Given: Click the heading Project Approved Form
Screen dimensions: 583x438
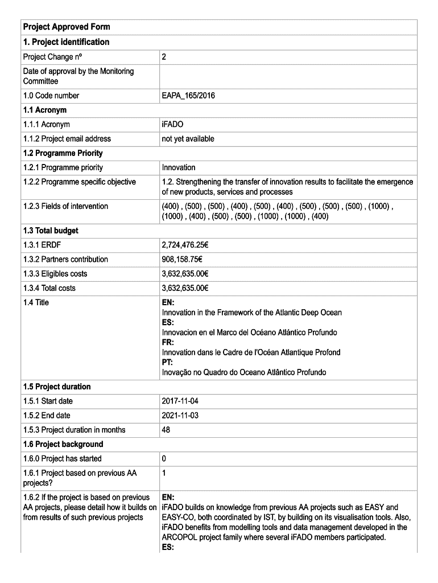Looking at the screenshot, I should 67,27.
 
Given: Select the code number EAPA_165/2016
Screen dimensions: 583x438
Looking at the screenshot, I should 188,96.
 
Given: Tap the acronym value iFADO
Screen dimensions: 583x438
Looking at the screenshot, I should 173,124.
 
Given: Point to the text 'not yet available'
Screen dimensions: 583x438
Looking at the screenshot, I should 188,138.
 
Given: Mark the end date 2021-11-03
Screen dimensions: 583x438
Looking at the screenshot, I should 180,415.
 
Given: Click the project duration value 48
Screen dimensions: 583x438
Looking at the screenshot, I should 166,429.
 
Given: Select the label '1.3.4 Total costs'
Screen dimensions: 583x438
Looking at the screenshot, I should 49,288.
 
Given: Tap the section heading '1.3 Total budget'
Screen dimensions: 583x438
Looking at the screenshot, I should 51,231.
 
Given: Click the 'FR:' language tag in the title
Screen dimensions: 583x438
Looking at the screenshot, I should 168,342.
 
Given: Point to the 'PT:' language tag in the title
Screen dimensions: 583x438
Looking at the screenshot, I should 168,362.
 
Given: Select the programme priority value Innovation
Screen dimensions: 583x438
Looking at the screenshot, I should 179,167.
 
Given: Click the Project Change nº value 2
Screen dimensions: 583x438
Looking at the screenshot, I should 164,57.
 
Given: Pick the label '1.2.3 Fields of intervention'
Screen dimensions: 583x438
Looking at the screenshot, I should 65,206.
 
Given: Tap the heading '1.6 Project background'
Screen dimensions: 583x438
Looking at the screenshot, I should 63,444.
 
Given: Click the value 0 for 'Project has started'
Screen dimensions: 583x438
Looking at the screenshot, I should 164,458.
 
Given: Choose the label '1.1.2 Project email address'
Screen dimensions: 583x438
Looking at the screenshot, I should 67,138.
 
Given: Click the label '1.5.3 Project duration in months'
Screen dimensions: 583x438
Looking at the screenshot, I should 75,429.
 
